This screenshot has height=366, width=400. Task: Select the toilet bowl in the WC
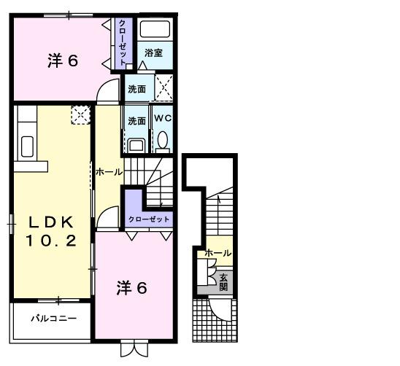162,139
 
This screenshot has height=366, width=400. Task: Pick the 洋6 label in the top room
63,61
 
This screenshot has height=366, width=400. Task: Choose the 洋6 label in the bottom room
131,288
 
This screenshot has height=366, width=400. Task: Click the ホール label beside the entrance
218,253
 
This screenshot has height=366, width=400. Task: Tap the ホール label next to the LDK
109,172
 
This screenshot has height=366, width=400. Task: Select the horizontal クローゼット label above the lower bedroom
149,219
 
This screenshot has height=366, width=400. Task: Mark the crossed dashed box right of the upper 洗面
164,88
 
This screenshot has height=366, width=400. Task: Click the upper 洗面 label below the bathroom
136,89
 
